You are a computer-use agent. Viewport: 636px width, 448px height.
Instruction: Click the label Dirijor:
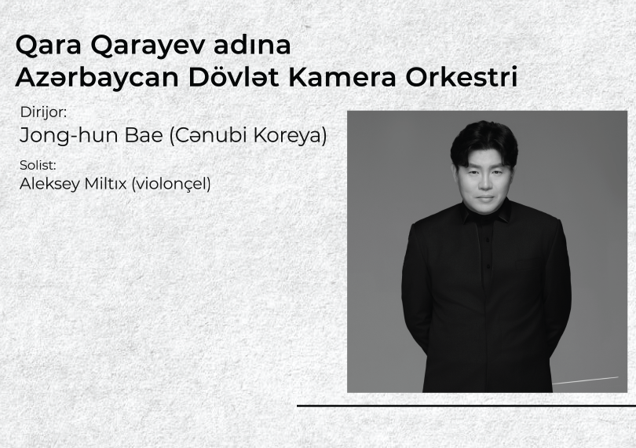[43, 112]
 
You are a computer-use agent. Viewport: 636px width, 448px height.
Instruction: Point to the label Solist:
[38, 165]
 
